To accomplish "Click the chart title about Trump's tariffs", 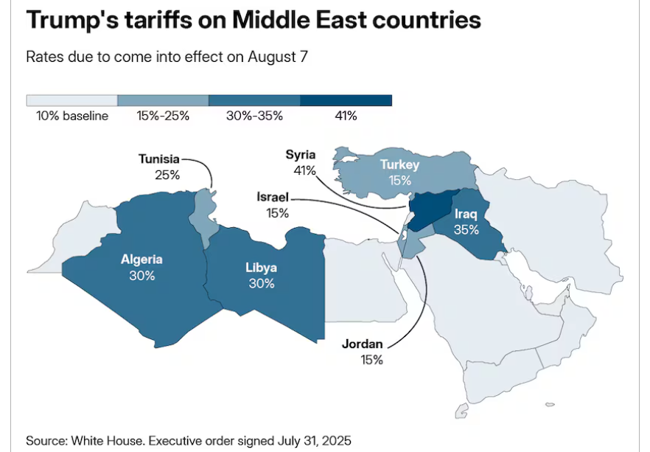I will (254, 21).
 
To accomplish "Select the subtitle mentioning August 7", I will (167, 58).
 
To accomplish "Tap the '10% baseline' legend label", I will (72, 116).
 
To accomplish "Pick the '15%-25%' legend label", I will (163, 116).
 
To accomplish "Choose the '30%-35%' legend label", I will (254, 116).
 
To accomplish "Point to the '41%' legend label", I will (346, 116).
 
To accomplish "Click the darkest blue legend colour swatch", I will (346, 100).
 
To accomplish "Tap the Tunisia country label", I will (158, 159).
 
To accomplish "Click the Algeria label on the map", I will (141, 260).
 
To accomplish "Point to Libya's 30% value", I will (261, 283).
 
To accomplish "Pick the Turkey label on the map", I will (399, 164).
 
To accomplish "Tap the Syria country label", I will (301, 155).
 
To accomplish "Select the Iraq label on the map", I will (466, 215).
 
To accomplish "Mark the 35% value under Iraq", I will (466, 229).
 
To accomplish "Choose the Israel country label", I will (273, 198).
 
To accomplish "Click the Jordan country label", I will (362, 344).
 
